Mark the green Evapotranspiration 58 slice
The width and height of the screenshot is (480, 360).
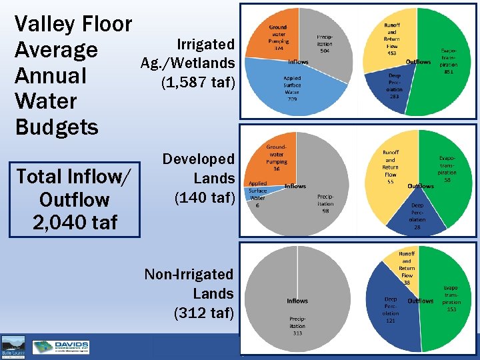443,180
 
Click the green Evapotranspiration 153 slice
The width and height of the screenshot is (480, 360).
447,300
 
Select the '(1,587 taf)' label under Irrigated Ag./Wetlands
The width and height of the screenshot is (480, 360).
198,83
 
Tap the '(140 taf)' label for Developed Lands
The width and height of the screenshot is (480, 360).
205,197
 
